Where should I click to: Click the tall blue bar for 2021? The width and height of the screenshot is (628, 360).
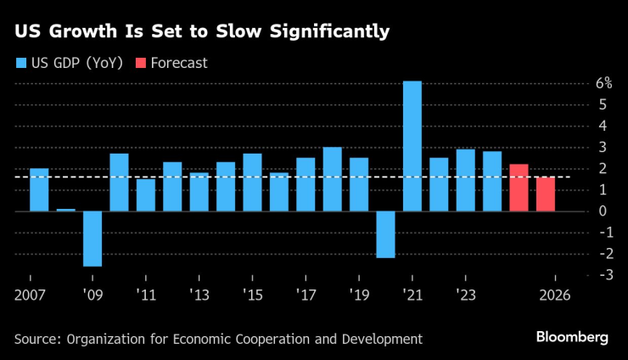[x=412, y=146]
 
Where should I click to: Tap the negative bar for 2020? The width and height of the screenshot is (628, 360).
[x=385, y=233]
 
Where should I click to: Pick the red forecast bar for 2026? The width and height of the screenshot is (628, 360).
[x=545, y=194]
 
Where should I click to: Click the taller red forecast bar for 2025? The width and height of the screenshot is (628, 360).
[x=519, y=188]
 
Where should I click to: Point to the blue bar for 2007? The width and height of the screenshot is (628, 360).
[x=39, y=189]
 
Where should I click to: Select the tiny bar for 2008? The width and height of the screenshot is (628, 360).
[x=66, y=210]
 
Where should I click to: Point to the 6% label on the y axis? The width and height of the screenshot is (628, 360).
[x=603, y=83]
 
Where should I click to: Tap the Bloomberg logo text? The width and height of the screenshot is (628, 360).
[x=572, y=337]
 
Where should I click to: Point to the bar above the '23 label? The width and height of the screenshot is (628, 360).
[x=465, y=180]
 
